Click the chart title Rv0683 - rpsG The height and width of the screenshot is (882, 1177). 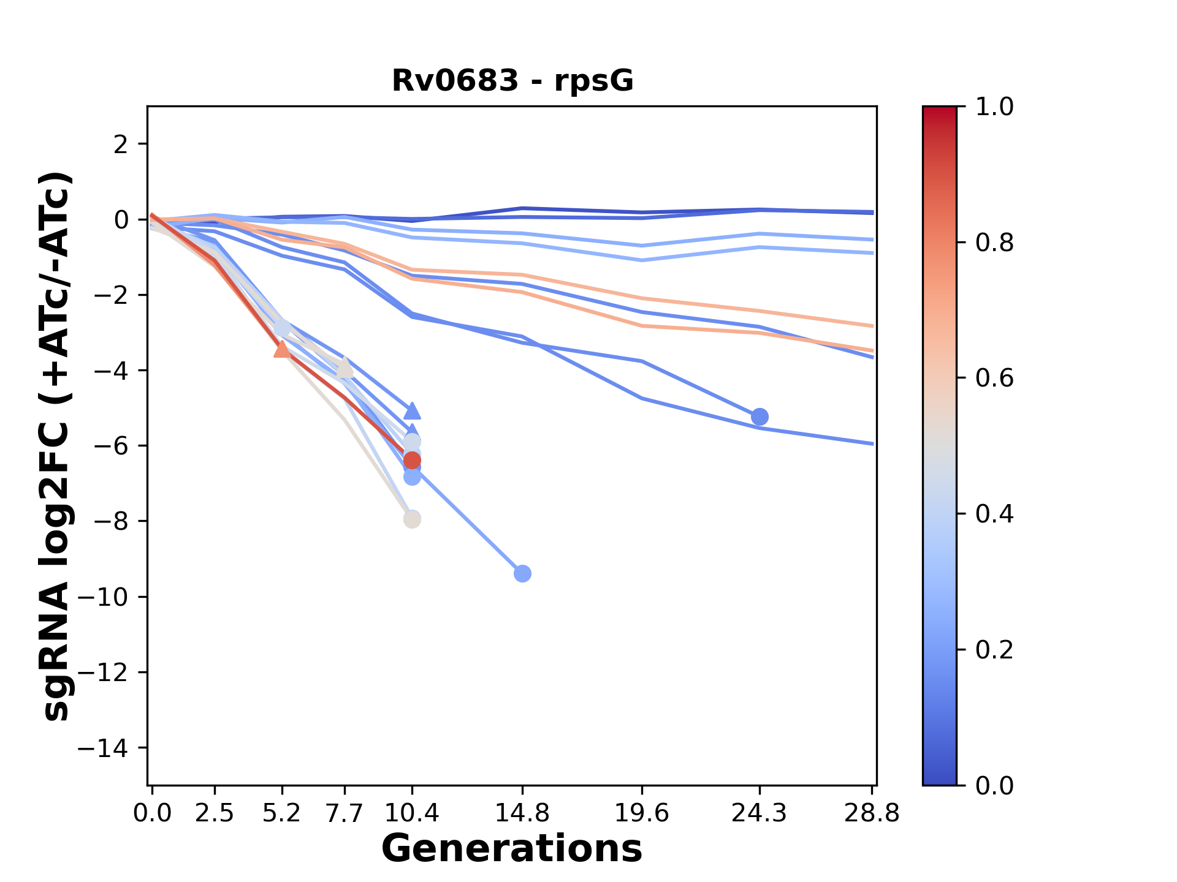[512, 81]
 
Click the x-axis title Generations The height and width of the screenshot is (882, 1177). [512, 849]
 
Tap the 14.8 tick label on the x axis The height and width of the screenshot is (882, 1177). [522, 813]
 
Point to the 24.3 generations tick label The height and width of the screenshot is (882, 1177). [760, 813]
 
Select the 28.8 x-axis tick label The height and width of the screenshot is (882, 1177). [872, 813]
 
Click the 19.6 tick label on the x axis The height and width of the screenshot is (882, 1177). [642, 813]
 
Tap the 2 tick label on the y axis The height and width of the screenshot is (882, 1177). [121, 145]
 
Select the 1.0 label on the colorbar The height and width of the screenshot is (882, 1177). [994, 107]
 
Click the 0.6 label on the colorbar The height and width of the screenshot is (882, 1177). [994, 379]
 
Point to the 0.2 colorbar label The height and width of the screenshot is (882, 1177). [994, 650]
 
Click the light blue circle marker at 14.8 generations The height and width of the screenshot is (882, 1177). [522, 574]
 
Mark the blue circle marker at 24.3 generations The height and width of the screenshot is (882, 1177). [760, 417]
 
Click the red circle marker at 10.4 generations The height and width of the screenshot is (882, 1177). [412, 461]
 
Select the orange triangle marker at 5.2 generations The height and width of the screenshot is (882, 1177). [282, 349]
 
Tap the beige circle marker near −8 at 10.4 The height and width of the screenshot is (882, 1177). [412, 519]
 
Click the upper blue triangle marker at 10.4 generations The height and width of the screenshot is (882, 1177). [412, 410]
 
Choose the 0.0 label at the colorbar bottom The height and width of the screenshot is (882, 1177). [994, 786]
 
